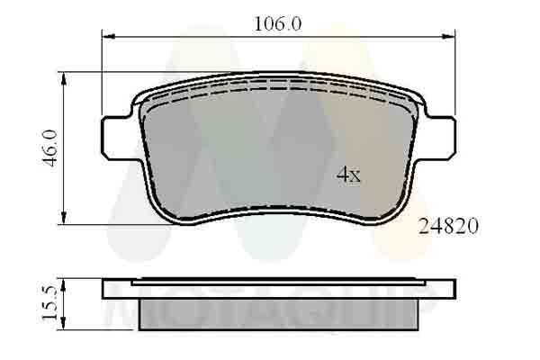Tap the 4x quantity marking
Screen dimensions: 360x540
(x=348, y=175)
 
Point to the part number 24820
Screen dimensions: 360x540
(x=448, y=227)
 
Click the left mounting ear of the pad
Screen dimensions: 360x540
(x=115, y=135)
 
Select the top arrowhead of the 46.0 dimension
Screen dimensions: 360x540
(x=64, y=78)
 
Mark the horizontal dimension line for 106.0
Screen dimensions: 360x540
(x=198, y=36)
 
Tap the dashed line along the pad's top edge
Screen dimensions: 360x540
(x=279, y=89)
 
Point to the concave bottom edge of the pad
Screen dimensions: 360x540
(x=279, y=207)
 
